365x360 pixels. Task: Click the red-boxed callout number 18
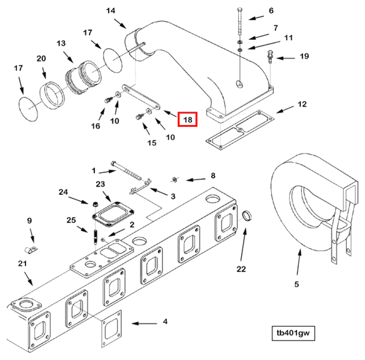pyautogui.click(x=187, y=119)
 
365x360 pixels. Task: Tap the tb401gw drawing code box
pyautogui.click(x=292, y=333)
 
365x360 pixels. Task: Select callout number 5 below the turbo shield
pyautogui.click(x=296, y=284)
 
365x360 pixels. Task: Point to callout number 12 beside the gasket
pyautogui.click(x=302, y=104)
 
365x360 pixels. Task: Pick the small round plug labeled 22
pyautogui.click(x=247, y=216)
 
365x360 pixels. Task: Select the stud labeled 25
pyautogui.click(x=96, y=237)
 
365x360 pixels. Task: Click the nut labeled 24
pyautogui.click(x=95, y=202)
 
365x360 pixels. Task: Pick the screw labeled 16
pyautogui.click(x=108, y=99)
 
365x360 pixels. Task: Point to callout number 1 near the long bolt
pyautogui.click(x=94, y=170)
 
